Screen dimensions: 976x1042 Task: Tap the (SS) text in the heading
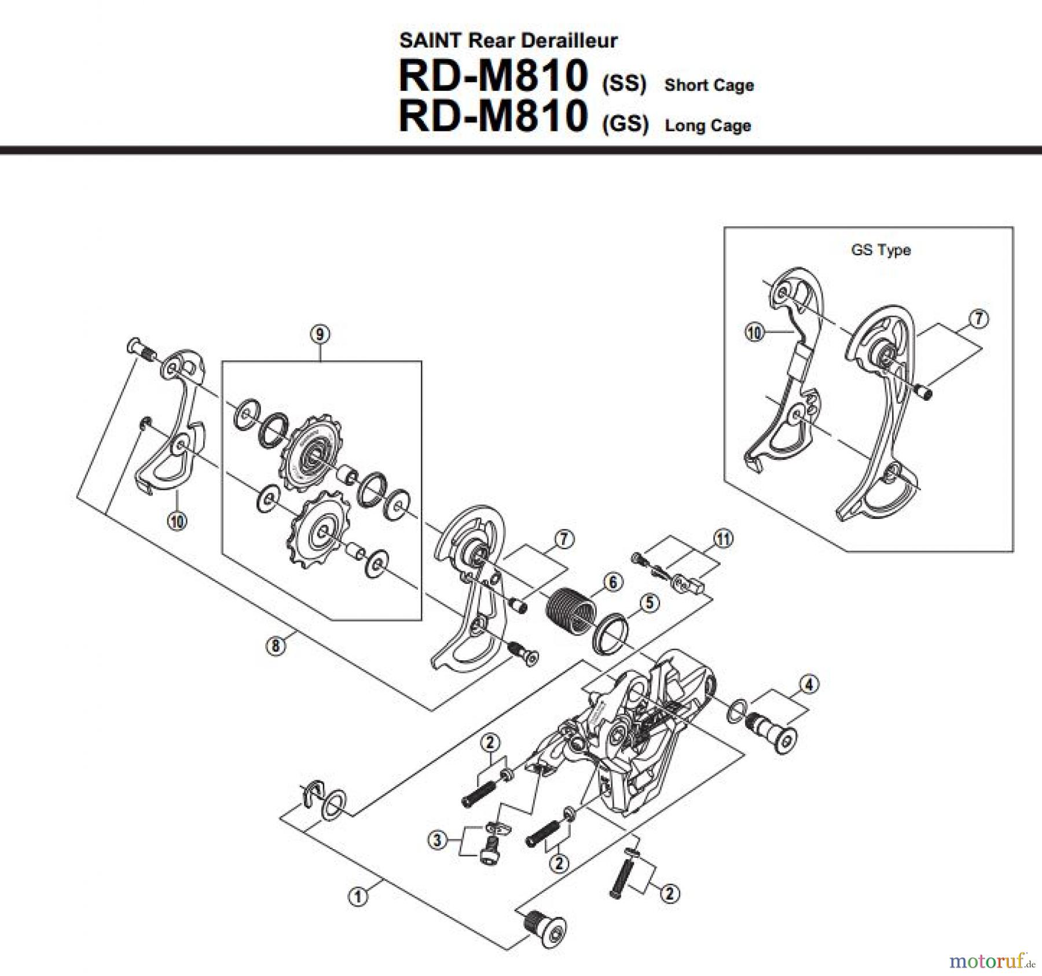coord(624,84)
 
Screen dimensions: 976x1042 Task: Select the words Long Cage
coord(708,126)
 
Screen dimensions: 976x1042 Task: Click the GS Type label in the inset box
coord(880,250)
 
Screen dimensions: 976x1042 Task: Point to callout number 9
coord(320,334)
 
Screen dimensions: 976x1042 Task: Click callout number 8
coord(276,645)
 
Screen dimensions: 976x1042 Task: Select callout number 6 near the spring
coord(613,581)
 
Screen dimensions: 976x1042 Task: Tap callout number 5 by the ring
coord(650,602)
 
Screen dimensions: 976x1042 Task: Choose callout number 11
coord(723,539)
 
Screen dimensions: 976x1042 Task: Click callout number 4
coord(809,685)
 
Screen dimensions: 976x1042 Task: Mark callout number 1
coord(358,897)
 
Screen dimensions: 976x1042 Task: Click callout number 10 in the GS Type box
coord(754,333)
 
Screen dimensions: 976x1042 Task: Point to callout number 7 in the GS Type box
coord(978,319)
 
